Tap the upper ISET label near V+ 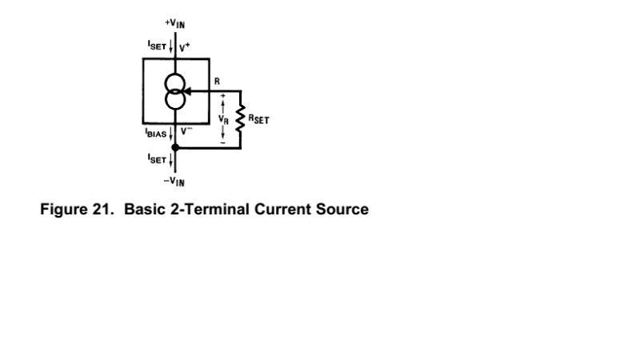[155, 46]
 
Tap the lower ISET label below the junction [155, 158]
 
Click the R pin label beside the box [217, 82]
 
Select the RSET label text [258, 119]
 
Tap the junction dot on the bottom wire [175, 147]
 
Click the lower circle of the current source [175, 99]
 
